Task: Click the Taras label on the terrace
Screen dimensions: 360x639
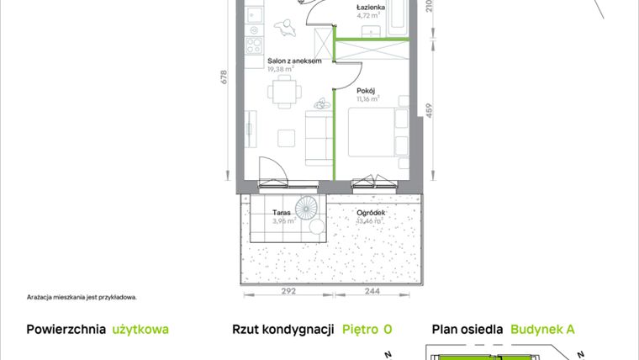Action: point(282,213)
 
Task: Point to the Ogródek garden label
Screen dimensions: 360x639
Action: point(371,213)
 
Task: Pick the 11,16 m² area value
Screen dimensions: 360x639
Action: point(367,98)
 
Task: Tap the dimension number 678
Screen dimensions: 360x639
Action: point(224,77)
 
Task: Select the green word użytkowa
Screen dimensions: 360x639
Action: point(140,330)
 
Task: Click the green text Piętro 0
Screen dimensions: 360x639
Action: point(367,330)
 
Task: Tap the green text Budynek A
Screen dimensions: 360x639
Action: point(542,330)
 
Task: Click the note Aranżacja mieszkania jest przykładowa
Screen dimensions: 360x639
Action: point(81,297)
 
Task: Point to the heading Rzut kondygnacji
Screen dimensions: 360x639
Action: point(284,330)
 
